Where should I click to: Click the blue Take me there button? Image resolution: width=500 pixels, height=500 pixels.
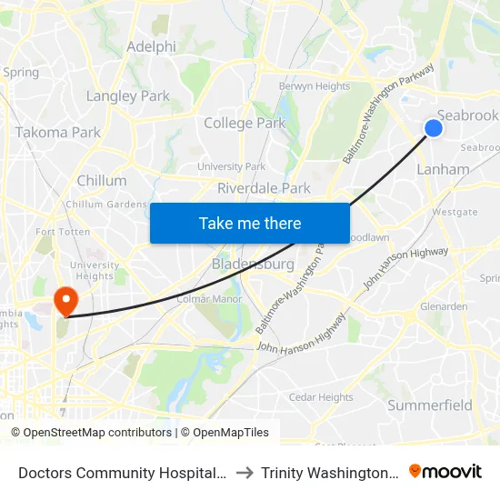[250, 223]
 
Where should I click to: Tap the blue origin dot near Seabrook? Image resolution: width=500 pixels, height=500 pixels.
[434, 128]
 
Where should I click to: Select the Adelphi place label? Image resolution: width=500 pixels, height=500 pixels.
[151, 46]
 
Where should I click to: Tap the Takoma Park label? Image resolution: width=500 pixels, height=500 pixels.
[58, 132]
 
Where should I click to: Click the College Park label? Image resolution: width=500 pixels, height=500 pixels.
[245, 123]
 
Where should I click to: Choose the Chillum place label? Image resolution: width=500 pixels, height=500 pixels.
[102, 180]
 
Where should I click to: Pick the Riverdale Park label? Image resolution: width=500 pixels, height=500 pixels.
[264, 188]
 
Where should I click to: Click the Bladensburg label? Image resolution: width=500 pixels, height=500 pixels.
[252, 265]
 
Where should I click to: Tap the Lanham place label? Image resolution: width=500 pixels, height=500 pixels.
[443, 169]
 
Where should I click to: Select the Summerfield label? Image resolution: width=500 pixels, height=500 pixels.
[430, 405]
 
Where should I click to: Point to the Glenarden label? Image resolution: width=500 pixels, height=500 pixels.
[444, 306]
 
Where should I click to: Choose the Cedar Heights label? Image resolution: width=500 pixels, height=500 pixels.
[321, 397]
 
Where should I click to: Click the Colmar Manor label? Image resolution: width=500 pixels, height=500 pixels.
[205, 298]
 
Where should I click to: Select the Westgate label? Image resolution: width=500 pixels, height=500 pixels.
[455, 212]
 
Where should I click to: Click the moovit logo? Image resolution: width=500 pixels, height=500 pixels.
[445, 471]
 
